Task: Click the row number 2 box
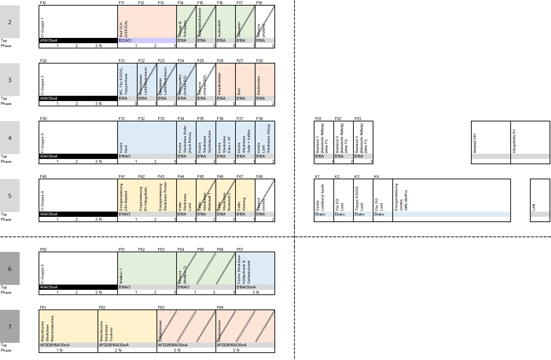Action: (10, 22)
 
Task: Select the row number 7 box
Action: (10, 327)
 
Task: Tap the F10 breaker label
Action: (43, 3)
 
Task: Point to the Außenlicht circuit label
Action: (220, 28)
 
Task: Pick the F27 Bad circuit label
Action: (239, 92)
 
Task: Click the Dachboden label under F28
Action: (259, 86)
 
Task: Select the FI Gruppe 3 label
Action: (43, 142)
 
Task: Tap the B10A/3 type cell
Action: (125, 214)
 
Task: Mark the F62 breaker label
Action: (102, 307)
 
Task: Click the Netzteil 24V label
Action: (475, 143)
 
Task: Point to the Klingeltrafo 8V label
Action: (515, 141)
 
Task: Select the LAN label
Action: (534, 207)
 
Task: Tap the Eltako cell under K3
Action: (359, 214)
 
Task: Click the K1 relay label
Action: (317, 176)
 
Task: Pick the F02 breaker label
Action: (338, 119)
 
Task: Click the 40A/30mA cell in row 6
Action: (49, 287)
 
